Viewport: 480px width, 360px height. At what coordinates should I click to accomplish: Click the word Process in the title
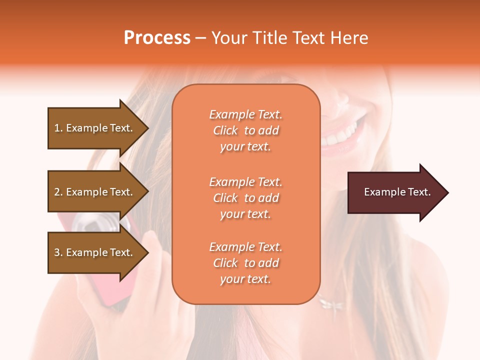157,38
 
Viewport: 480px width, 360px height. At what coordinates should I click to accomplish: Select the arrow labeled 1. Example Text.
95,128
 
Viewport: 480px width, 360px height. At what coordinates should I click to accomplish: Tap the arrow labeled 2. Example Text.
95,192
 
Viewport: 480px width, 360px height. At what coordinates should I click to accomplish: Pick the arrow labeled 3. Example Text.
95,252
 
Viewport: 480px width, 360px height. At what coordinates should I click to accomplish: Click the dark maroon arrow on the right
395,192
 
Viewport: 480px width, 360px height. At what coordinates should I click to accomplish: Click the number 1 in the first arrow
56,128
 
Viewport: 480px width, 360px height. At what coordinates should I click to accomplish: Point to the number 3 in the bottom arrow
56,252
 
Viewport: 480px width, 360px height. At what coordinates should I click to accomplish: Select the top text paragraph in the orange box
245,130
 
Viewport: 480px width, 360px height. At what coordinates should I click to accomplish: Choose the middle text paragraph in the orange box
245,198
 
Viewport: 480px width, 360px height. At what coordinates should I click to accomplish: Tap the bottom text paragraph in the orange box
245,263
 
